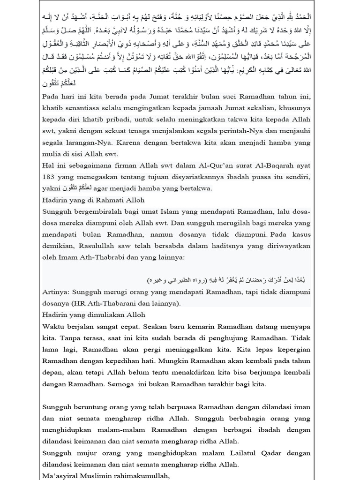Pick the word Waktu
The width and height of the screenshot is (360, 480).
[x=52, y=326]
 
